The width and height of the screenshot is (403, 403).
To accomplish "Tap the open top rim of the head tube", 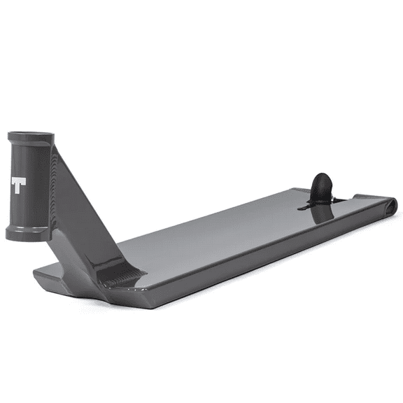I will [29, 135].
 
